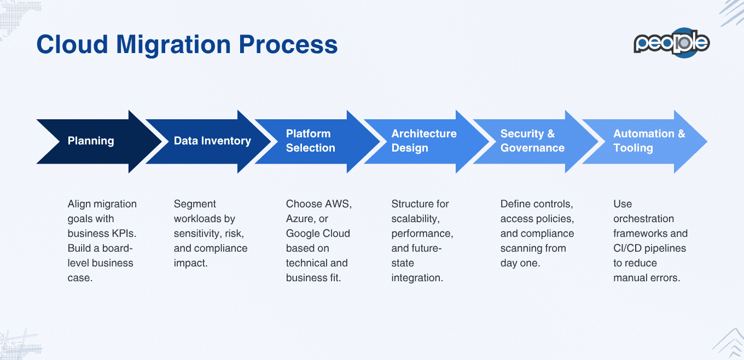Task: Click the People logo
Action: [671, 43]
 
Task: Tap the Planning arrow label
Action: [91, 141]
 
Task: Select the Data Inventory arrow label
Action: [212, 141]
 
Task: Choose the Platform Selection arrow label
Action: [310, 141]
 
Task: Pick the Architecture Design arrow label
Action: [423, 141]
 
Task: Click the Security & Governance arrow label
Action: [532, 141]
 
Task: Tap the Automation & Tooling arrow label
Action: [649, 141]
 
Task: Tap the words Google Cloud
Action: [318, 234]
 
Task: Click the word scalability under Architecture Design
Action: [415, 219]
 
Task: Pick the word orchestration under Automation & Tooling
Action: [643, 219]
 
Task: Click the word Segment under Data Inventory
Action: [195, 204]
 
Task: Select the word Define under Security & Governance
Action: [516, 204]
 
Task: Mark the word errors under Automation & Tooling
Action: [665, 278]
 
